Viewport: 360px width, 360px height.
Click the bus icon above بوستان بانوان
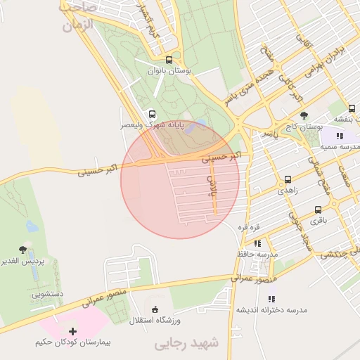[169, 60]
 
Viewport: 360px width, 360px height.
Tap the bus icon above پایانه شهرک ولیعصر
[153, 113]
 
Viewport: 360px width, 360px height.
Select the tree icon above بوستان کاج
[304, 115]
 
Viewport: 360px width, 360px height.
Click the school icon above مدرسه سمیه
[340, 136]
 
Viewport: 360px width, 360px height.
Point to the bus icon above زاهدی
[288, 179]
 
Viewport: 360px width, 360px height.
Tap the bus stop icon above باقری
[319, 210]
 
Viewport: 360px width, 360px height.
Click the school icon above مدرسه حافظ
[267, 241]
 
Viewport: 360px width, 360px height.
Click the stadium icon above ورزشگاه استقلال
[155, 309]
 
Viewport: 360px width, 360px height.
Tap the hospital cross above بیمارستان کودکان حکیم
[72, 330]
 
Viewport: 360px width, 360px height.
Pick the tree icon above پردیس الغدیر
[23, 250]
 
